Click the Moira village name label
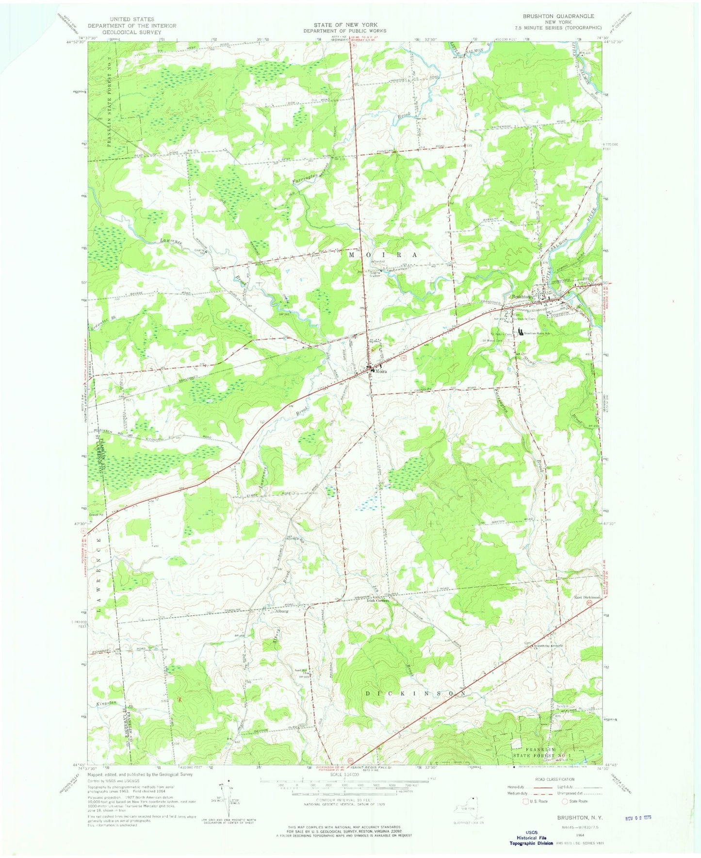click(x=380, y=371)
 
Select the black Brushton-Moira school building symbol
click(x=521, y=333)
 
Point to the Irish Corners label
click(x=377, y=600)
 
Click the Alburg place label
click(x=281, y=611)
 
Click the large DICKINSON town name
click(x=417, y=693)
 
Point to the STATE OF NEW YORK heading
click(x=345, y=25)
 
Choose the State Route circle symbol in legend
click(x=565, y=801)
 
